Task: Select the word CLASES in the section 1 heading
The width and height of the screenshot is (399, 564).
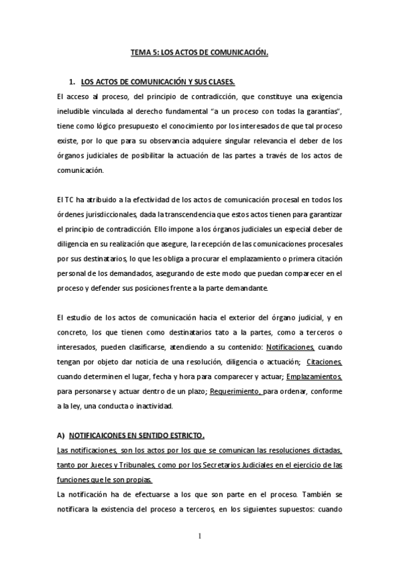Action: (x=220, y=82)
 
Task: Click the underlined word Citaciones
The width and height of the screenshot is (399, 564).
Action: (x=324, y=362)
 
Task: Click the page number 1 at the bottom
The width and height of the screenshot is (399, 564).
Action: (x=200, y=535)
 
